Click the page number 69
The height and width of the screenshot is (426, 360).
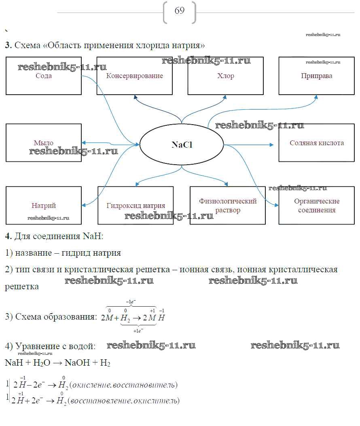[180, 11]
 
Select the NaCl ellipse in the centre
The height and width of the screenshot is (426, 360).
[182, 144]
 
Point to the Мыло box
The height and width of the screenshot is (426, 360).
[44, 143]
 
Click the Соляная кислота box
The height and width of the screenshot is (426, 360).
[316, 143]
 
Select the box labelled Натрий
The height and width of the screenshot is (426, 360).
[44, 206]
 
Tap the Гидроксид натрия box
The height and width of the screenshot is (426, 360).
[136, 206]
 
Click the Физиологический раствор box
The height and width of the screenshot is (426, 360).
[228, 206]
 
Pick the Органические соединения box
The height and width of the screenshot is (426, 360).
[316, 206]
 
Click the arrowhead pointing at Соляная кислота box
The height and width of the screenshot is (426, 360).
[272, 144]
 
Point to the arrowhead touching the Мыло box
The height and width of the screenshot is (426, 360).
[84, 142]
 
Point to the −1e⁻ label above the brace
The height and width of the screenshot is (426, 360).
[131, 302]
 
